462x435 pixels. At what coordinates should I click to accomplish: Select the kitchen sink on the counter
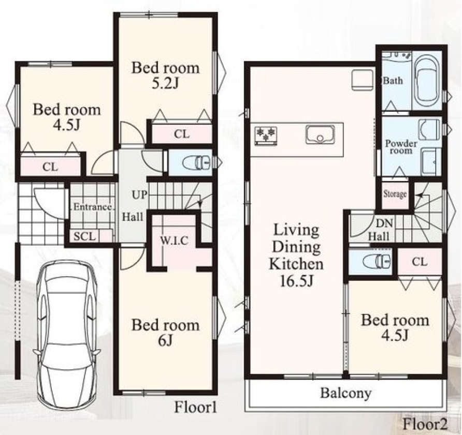click(320, 134)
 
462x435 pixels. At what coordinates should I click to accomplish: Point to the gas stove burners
click(266, 136)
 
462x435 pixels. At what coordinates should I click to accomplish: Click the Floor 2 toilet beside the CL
click(377, 261)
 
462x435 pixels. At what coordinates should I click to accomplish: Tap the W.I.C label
click(174, 241)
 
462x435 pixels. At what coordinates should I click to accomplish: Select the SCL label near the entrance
click(84, 236)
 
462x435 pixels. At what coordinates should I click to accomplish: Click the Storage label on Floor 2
click(395, 194)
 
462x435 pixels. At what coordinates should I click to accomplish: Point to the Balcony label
click(345, 393)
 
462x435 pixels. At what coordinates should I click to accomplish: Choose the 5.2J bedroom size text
click(165, 84)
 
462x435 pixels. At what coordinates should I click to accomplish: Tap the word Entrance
click(93, 206)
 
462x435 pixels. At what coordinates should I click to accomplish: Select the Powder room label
click(401, 147)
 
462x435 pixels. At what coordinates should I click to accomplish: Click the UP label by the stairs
click(139, 194)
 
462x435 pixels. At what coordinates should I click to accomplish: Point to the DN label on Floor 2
click(384, 223)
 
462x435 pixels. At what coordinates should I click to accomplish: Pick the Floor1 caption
click(195, 408)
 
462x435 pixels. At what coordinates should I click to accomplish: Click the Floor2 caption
click(425, 424)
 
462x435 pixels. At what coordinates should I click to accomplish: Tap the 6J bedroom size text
click(165, 341)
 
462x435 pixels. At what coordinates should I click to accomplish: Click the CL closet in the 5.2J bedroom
click(182, 134)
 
